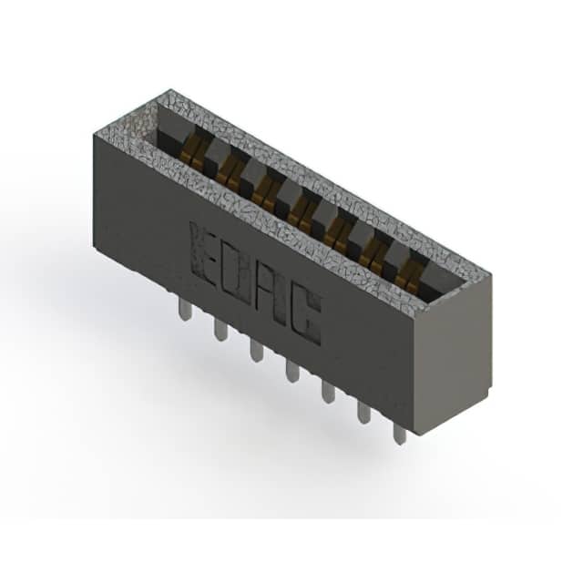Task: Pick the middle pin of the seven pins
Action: point(292,372)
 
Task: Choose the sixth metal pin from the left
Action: point(364,413)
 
